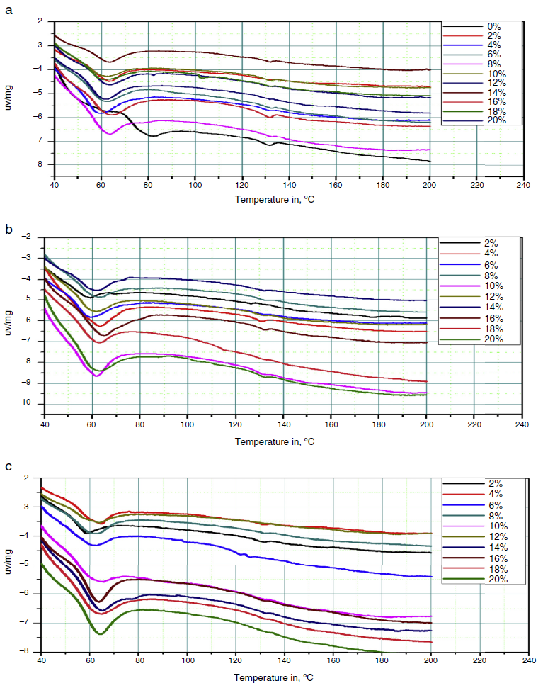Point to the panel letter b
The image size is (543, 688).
point(8,229)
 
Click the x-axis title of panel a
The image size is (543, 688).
point(275,200)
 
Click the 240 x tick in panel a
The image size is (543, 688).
point(522,186)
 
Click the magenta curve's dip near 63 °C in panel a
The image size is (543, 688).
point(109,133)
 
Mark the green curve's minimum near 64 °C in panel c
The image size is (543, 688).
point(100,633)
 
